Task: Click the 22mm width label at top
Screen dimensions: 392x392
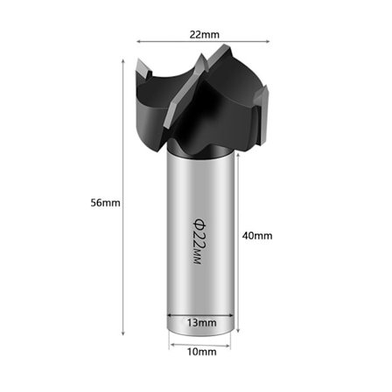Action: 204,35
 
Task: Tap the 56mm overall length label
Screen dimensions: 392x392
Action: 105,203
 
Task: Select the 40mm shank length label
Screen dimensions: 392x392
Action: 257,235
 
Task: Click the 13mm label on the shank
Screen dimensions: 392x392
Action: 202,323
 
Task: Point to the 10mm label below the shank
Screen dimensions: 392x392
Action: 202,352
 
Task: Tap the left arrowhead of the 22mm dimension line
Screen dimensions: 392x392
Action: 139,41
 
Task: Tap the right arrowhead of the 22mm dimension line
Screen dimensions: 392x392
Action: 267,41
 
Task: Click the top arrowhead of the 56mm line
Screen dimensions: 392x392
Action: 123,61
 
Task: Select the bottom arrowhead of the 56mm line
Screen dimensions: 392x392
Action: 123,332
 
